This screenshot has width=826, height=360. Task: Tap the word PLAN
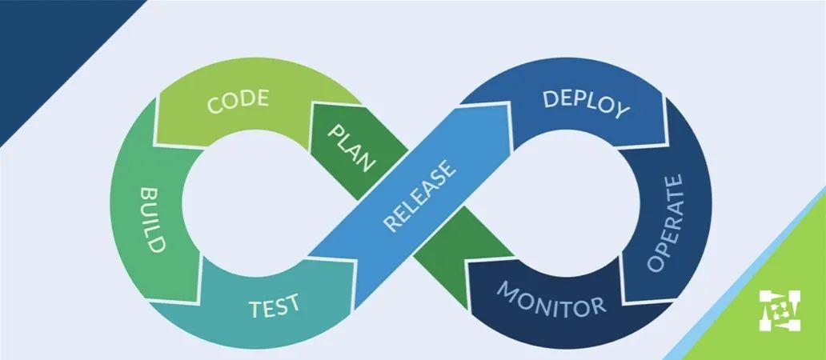(350, 147)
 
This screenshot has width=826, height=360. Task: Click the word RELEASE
(420, 196)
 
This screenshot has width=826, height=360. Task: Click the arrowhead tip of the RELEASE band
(509, 104)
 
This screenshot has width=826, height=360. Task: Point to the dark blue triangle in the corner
(48, 48)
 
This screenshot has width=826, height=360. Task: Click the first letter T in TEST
(255, 309)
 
